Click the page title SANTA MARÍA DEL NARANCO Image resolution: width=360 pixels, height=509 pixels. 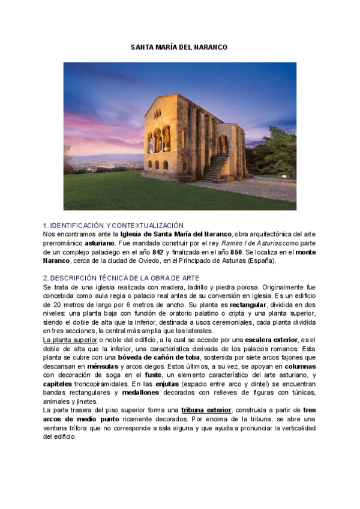(179, 47)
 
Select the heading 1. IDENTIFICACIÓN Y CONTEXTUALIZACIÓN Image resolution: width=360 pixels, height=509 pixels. (113, 225)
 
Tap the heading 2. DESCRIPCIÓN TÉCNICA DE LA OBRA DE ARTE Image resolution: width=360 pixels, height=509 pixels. (121, 279)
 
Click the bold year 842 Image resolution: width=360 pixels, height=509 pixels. (158, 252)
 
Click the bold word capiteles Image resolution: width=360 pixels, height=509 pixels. (58, 384)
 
